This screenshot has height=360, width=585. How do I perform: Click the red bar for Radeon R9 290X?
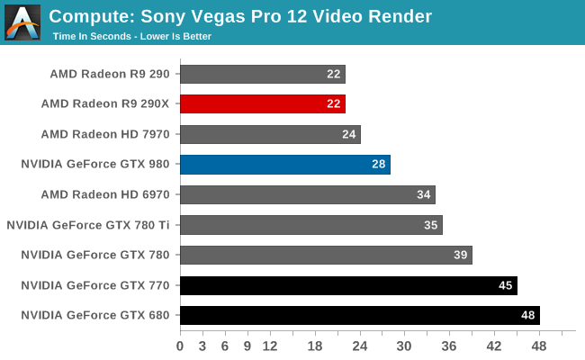click(262, 103)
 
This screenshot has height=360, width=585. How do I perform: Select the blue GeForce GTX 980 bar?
click(284, 164)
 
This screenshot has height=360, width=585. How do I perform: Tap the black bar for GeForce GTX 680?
click(359, 315)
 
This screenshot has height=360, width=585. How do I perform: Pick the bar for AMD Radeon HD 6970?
click(307, 194)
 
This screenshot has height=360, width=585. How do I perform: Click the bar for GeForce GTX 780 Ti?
click(310, 224)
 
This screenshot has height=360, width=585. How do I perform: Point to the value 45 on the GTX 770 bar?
click(507, 285)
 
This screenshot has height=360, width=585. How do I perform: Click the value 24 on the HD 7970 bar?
click(349, 134)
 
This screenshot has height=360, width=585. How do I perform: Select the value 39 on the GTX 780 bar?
click(461, 255)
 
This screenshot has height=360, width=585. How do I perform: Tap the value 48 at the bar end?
click(529, 315)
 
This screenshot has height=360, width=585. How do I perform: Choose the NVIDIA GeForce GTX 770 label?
click(101, 285)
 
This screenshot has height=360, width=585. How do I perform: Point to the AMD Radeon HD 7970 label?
click(111, 134)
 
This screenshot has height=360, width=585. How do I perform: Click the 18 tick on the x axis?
click(314, 345)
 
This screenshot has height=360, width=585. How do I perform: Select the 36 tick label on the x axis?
click(449, 345)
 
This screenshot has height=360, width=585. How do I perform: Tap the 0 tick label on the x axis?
click(180, 345)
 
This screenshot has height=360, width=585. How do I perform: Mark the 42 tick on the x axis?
click(494, 345)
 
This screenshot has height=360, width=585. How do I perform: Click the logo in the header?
click(22, 22)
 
